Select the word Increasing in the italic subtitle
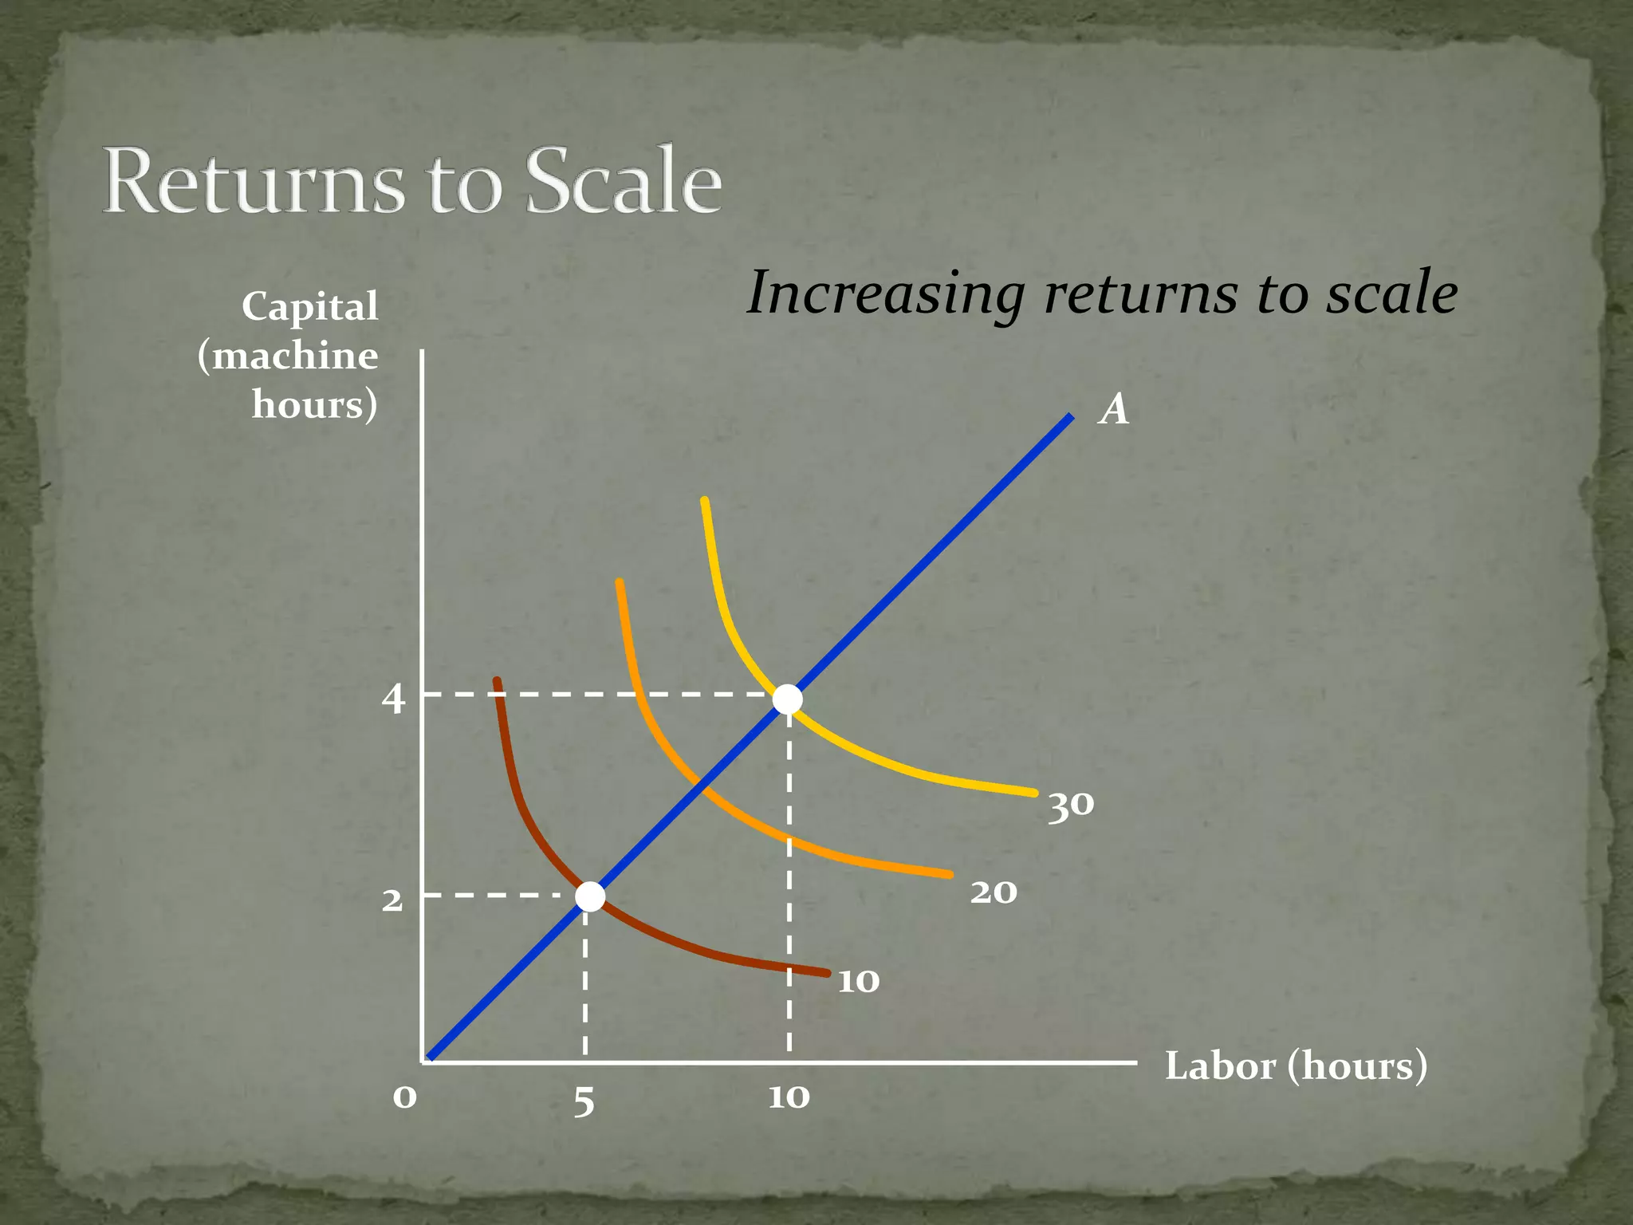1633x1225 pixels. pyautogui.click(x=885, y=293)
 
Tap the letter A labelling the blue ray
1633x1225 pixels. pyautogui.click(x=1114, y=410)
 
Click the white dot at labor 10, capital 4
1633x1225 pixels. pyautogui.click(x=788, y=699)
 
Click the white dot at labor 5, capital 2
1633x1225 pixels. pyautogui.click(x=590, y=896)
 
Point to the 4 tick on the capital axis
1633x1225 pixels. pyautogui.click(x=393, y=699)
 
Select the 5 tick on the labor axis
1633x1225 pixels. pyautogui.click(x=584, y=1102)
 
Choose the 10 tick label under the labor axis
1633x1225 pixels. pyautogui.click(x=789, y=1097)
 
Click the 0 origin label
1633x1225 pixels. pyautogui.click(x=404, y=1097)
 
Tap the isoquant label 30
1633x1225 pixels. pyautogui.click(x=1071, y=806)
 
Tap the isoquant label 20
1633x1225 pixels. pyautogui.click(x=994, y=892)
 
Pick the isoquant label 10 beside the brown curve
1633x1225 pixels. pyautogui.click(x=859, y=981)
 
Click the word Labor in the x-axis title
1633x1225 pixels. pyautogui.click(x=1220, y=1066)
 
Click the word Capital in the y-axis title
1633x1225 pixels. pyautogui.click(x=310, y=307)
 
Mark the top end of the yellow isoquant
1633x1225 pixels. pyautogui.click(x=704, y=500)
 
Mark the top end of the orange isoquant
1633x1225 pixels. pyautogui.click(x=620, y=582)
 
